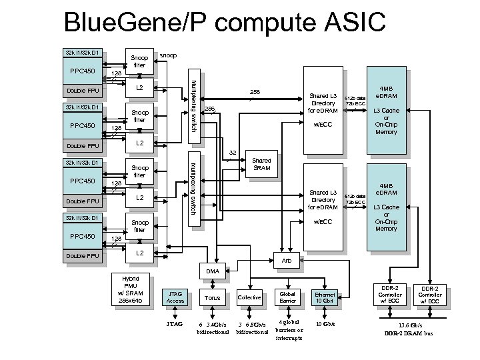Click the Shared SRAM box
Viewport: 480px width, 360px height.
coord(261,165)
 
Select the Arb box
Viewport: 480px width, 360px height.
coord(286,260)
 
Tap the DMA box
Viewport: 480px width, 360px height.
coord(212,271)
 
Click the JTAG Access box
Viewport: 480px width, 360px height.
coord(175,297)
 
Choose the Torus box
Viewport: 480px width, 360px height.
coord(212,297)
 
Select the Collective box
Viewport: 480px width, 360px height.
coord(249,297)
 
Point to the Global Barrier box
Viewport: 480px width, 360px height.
coord(287,297)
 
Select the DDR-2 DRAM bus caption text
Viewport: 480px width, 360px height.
coord(409,333)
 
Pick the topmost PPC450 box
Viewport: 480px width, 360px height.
coord(82,71)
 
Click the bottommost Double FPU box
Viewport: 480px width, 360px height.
coord(82,256)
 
